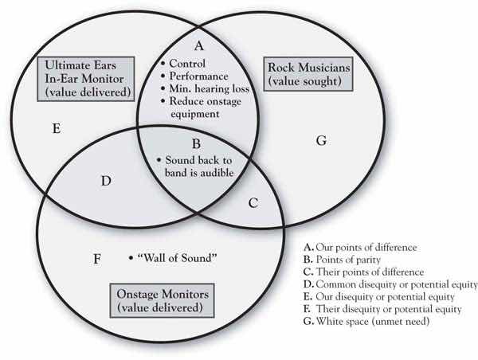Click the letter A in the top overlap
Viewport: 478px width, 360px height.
click(199, 45)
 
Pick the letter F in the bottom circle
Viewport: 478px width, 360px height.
click(97, 259)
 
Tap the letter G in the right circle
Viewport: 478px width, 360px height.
click(322, 141)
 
